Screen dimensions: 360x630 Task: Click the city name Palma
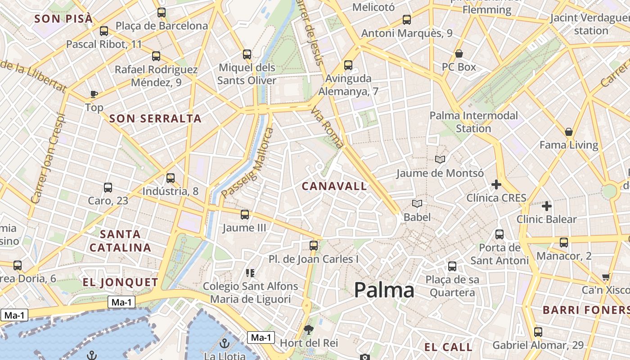(384, 290)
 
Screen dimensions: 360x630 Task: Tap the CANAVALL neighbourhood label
(334, 186)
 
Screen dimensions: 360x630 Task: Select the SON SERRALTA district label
(155, 119)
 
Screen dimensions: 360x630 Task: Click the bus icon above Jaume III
(245, 215)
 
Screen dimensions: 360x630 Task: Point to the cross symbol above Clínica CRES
(496, 184)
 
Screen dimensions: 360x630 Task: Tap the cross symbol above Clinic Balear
(547, 206)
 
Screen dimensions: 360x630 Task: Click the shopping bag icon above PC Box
(459, 54)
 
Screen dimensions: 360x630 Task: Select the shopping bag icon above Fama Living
(569, 132)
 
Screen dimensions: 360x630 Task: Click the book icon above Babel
(417, 204)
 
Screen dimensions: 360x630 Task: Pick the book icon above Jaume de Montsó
(440, 159)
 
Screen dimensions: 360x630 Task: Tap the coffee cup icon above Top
(94, 94)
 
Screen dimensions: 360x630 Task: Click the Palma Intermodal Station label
(474, 122)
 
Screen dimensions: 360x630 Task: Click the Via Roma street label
(327, 128)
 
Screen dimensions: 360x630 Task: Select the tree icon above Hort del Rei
(308, 330)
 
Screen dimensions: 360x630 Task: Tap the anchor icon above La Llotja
(224, 344)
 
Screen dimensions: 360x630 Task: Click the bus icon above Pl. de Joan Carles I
(314, 246)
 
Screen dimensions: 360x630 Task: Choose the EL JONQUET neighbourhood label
(121, 283)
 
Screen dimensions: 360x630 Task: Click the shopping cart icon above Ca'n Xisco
(606, 277)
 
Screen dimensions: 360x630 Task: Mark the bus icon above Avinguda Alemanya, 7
(348, 65)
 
